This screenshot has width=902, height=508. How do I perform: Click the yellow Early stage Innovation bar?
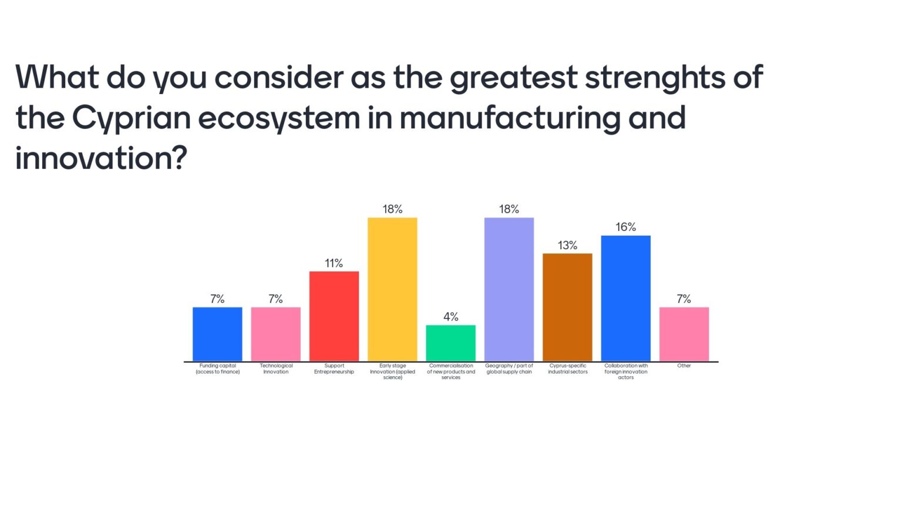[x=392, y=289]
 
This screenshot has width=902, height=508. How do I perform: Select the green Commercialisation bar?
[x=450, y=343]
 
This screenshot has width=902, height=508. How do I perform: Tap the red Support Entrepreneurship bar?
[x=334, y=316]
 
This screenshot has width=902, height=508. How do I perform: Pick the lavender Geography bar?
[x=509, y=289]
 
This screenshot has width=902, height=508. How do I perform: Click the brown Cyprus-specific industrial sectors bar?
[x=567, y=307]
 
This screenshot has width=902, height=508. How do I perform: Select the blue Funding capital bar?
[x=217, y=334]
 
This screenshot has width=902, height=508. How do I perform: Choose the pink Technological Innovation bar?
[x=275, y=334]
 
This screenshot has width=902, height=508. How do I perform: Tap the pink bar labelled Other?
[x=684, y=334]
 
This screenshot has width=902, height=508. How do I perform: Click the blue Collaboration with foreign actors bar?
[x=625, y=298]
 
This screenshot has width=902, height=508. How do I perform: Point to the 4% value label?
[x=450, y=317]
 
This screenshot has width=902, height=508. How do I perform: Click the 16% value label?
[x=625, y=227]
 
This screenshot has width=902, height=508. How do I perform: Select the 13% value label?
[x=567, y=245]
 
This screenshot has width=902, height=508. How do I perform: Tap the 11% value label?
[x=334, y=263]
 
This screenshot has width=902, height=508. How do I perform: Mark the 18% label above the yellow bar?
[x=392, y=209]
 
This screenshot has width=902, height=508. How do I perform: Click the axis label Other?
[x=684, y=366]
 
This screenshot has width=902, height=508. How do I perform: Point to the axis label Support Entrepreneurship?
[x=334, y=369]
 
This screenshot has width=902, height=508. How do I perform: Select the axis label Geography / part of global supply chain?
[x=509, y=369]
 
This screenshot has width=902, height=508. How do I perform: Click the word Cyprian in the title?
[x=132, y=118]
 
